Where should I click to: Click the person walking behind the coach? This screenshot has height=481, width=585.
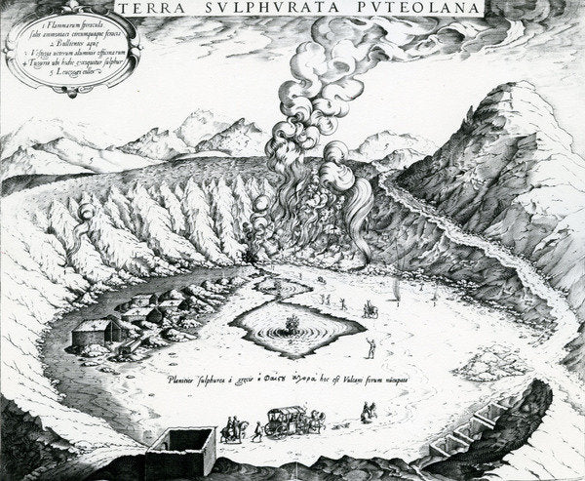pos(255,429)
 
